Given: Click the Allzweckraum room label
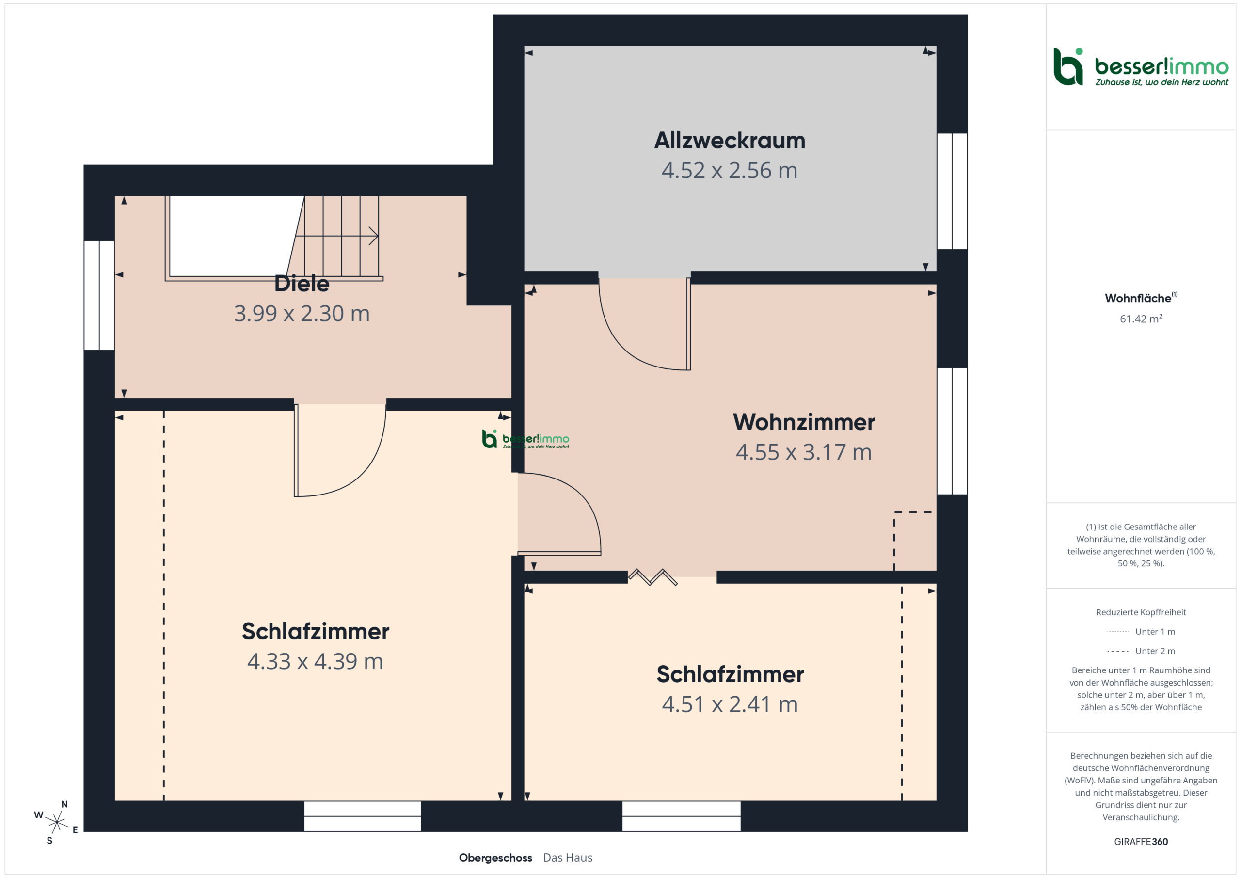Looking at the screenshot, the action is (x=730, y=141).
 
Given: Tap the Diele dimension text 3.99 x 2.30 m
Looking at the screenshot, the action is (x=302, y=314).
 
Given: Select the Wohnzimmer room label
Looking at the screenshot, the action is (x=804, y=422).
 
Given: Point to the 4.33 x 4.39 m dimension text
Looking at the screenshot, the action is (x=315, y=661).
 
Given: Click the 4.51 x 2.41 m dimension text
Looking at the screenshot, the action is (x=730, y=704).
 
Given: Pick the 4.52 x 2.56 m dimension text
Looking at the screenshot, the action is (x=730, y=170).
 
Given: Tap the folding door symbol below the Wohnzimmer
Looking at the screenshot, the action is (x=652, y=577).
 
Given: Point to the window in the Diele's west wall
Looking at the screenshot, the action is (x=99, y=295).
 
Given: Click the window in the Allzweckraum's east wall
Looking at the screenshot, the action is (x=952, y=191).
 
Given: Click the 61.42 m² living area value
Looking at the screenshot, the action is (x=1141, y=319).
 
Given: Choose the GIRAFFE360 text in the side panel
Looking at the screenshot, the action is (x=1141, y=842).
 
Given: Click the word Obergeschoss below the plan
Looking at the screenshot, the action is (x=495, y=858).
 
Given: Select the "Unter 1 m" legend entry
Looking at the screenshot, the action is (x=1141, y=631).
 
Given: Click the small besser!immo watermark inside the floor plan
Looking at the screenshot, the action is (x=525, y=439).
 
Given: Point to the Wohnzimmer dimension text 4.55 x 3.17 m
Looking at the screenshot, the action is (x=804, y=452).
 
